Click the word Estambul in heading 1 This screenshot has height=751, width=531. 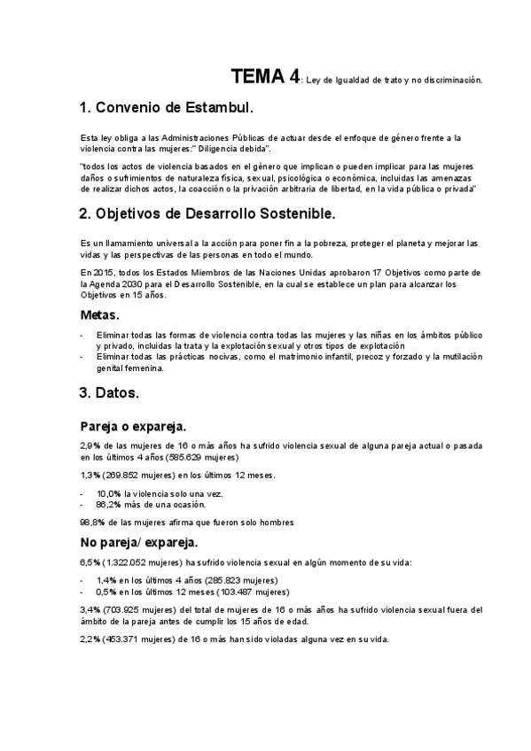tap(214, 109)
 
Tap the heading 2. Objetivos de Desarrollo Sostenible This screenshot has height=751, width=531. tap(207, 214)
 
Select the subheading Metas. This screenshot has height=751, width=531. tap(100, 315)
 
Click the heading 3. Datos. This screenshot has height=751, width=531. tap(109, 391)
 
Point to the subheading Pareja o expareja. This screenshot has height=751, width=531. tap(133, 425)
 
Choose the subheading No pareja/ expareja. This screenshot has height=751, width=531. tap(139, 542)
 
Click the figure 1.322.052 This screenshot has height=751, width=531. tap(127, 562)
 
